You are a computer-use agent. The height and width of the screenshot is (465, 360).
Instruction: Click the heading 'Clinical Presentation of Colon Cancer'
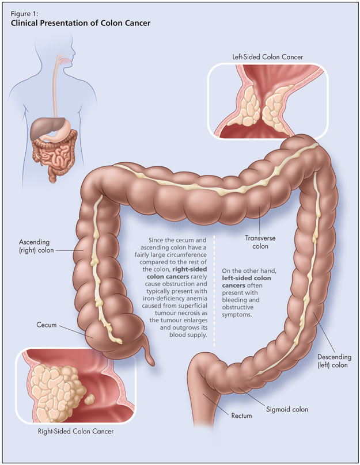point(81,24)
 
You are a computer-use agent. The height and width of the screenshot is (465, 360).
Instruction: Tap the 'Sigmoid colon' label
point(287,409)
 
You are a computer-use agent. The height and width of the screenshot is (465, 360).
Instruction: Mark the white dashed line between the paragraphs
point(215,288)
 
